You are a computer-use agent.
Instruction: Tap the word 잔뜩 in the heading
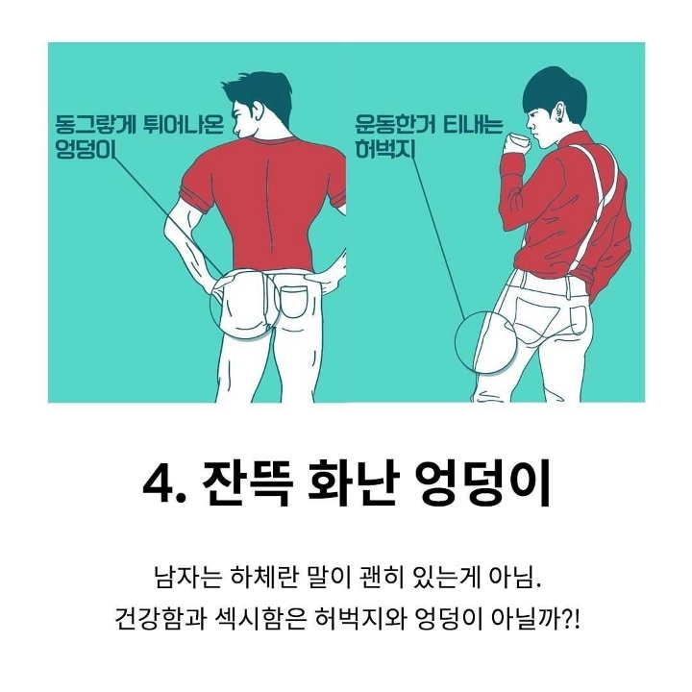tap(245, 483)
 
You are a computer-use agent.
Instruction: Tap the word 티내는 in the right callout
tap(472, 124)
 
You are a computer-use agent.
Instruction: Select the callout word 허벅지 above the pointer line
tap(385, 148)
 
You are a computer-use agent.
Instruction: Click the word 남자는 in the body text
tap(186, 577)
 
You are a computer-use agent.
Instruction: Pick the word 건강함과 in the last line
tap(161, 620)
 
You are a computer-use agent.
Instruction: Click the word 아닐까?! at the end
tap(536, 620)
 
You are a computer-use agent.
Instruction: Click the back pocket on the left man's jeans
tap(293, 302)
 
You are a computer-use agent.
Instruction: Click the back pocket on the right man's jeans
tap(579, 321)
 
